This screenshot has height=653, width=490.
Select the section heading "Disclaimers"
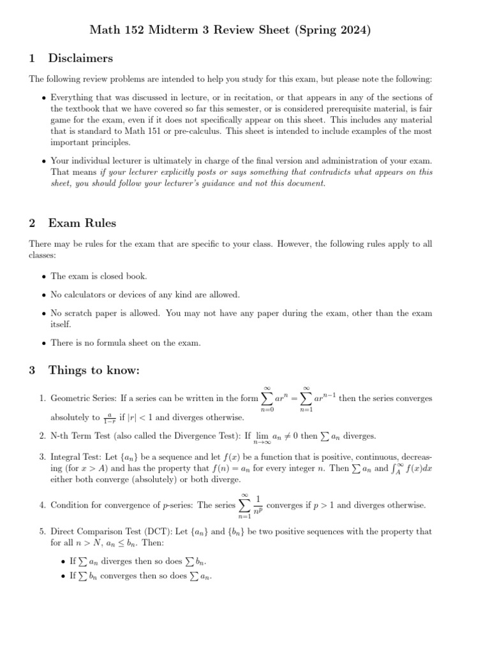(80, 58)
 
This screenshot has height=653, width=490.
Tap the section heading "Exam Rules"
(82, 223)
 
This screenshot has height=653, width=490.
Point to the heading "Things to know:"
(94, 371)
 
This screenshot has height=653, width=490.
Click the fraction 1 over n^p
(258, 504)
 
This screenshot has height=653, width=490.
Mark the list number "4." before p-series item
(41, 505)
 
